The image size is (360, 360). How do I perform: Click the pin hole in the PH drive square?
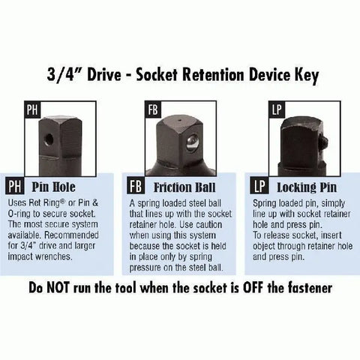tap(49, 139)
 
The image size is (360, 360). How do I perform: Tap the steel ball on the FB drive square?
tap(193, 143)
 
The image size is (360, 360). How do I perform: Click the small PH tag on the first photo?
tap(32, 109)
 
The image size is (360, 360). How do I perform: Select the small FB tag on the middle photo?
tap(153, 109)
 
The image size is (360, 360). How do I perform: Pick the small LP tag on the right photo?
tap(277, 109)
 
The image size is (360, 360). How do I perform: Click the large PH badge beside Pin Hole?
tap(15, 186)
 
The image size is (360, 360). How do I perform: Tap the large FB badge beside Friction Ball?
tap(136, 186)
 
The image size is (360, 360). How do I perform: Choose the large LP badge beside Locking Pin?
tap(259, 186)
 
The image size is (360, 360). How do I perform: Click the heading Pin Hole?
tap(53, 187)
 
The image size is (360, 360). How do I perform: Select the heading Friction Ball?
tap(184, 187)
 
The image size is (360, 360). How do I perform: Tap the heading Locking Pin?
tap(307, 187)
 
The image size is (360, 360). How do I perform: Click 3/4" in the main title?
tap(61, 74)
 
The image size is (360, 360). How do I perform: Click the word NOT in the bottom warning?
tap(58, 287)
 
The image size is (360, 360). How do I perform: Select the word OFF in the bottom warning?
tap(253, 287)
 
